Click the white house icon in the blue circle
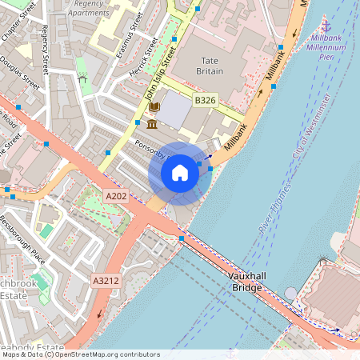[180, 173]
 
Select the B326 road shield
[206, 100]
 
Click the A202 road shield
[116, 195]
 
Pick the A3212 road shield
[106, 281]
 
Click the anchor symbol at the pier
[326, 27]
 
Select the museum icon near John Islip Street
[152, 124]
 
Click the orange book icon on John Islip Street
[154, 106]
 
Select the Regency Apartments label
[88, 9]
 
